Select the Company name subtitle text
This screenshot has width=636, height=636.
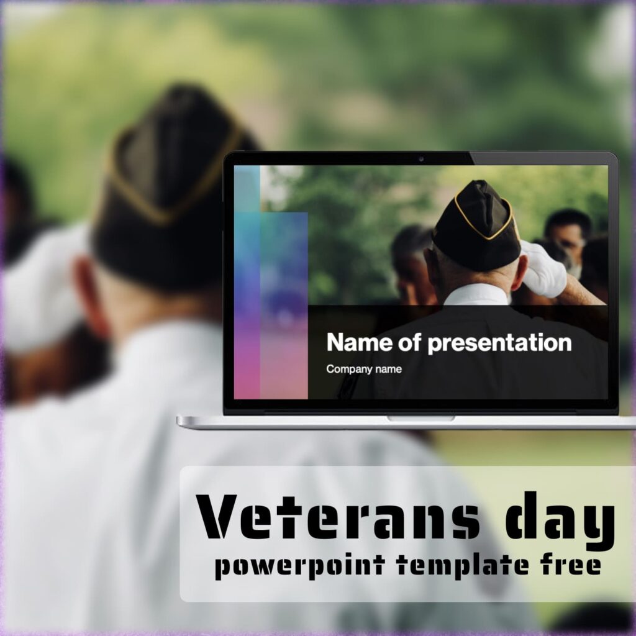[364, 369]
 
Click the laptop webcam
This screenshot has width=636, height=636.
[420, 159]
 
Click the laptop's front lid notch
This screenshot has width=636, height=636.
[420, 419]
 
